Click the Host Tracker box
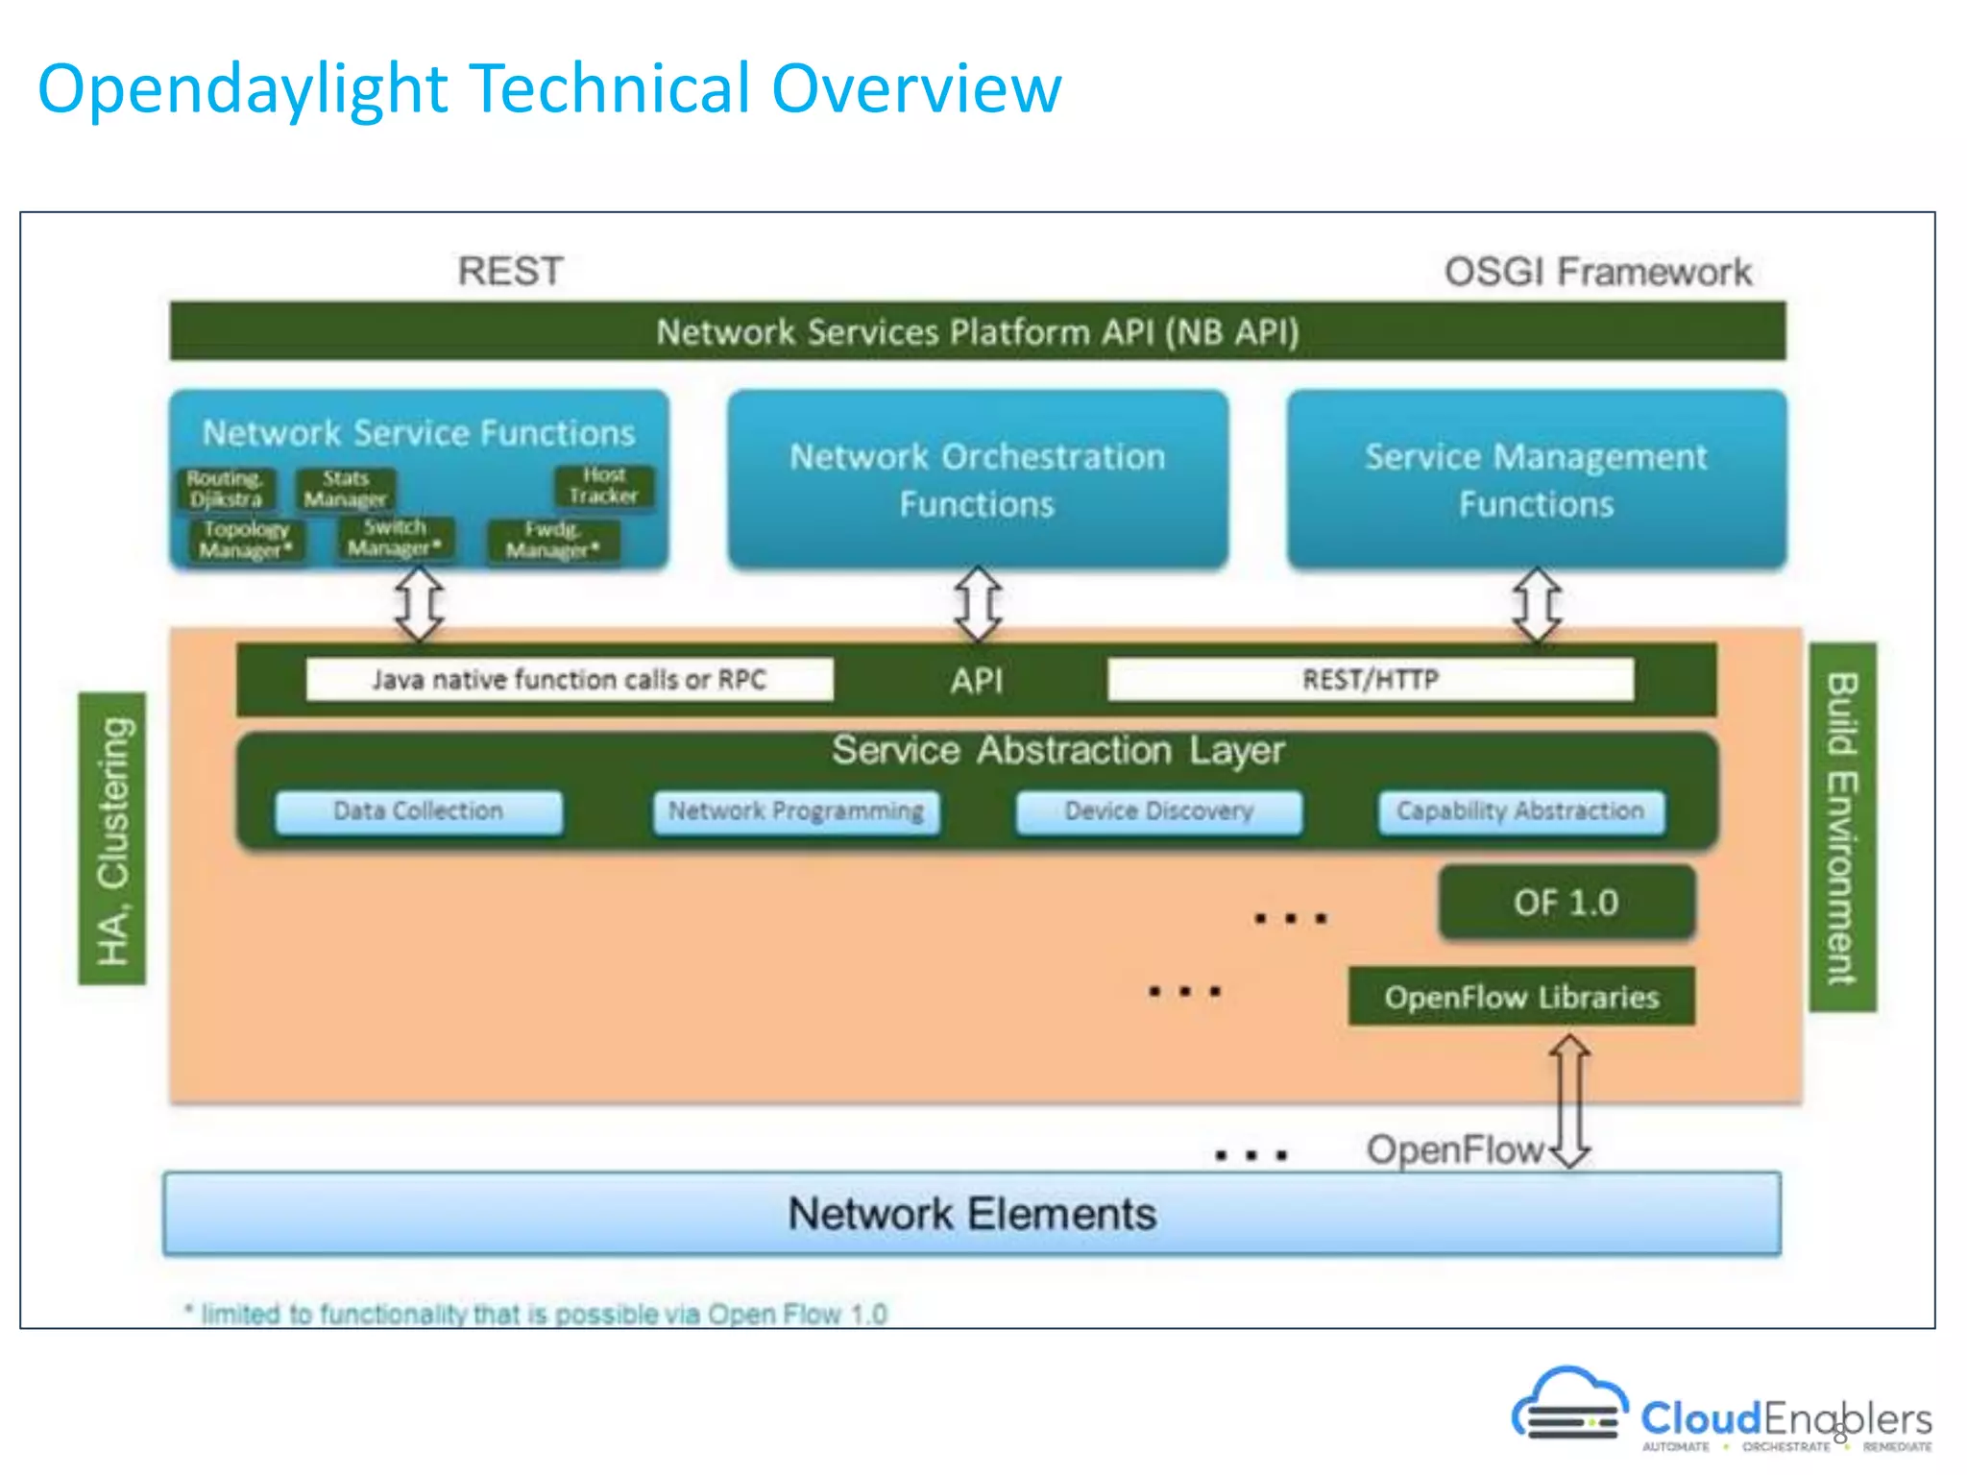coord(604,486)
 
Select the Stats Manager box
coord(345,489)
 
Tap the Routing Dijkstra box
coord(226,489)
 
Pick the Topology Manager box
coord(245,540)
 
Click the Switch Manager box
coord(395,538)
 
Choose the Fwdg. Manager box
coord(552,541)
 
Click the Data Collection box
coord(418,811)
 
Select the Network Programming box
coord(796,811)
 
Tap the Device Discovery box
coord(1158,811)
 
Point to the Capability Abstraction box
coord(1520,811)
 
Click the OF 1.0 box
coord(1566,903)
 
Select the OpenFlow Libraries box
coord(1521,997)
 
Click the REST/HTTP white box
coord(1371,680)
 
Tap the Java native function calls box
coord(569,680)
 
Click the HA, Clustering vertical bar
coord(112,838)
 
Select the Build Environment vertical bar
coord(1842,827)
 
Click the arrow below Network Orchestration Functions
coord(978,604)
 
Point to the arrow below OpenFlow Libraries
coord(1569,1100)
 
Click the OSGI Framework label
coord(1597,272)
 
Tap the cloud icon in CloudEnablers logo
coord(1568,1404)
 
